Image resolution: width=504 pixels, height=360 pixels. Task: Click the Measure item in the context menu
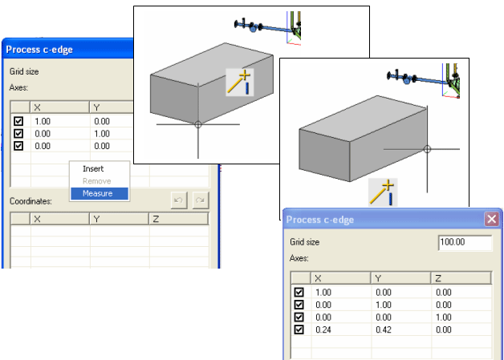[x=92, y=192]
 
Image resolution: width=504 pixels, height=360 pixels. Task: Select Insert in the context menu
[x=93, y=168]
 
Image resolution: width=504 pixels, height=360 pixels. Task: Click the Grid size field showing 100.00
[x=465, y=241]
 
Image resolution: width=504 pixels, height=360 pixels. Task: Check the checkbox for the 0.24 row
[x=299, y=329]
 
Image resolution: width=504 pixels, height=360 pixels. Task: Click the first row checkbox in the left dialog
[x=18, y=120]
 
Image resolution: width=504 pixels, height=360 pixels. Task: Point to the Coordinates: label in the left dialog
[x=30, y=201]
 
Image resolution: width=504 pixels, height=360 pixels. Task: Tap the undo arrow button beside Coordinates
[x=179, y=200]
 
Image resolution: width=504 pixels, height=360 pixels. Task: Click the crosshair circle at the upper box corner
[x=198, y=124]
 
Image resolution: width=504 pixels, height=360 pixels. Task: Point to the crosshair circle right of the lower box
[x=427, y=149]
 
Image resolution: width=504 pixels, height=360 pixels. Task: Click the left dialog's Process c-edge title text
[x=39, y=50]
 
